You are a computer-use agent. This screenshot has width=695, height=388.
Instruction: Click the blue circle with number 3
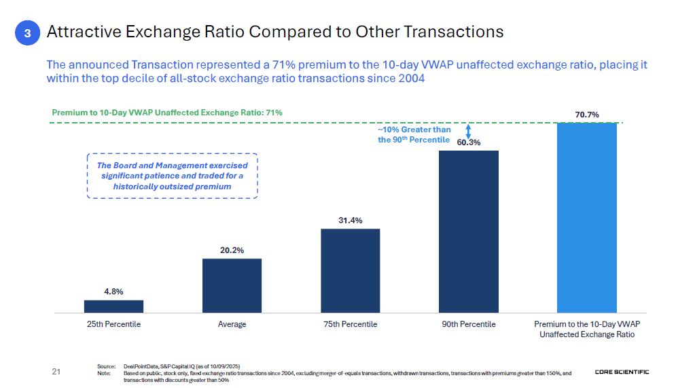click(x=26, y=33)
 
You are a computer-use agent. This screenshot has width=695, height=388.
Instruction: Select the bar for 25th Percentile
click(x=113, y=306)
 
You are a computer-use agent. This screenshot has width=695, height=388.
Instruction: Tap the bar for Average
click(x=232, y=285)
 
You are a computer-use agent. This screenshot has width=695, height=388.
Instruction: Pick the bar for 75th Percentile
click(x=350, y=270)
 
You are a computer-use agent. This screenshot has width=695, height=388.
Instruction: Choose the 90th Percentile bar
click(x=468, y=231)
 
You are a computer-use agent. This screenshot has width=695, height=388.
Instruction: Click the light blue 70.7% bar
click(x=586, y=217)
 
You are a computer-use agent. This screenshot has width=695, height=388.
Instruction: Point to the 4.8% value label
click(x=113, y=292)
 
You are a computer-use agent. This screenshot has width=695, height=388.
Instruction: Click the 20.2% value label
click(x=232, y=250)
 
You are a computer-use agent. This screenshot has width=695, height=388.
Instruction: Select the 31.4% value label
click(x=350, y=220)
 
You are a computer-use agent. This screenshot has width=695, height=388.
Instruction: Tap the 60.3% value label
click(x=468, y=142)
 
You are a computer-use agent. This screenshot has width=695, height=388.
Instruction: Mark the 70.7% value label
click(x=587, y=115)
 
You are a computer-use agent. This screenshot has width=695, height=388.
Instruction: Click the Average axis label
click(x=232, y=324)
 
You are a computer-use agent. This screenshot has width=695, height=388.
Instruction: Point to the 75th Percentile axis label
click(x=350, y=324)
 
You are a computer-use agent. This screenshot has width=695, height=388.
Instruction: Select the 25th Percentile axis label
click(x=113, y=324)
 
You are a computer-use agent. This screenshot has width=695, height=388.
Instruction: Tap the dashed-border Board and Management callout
click(x=172, y=176)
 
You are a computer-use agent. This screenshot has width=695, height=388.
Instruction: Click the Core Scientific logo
click(x=622, y=372)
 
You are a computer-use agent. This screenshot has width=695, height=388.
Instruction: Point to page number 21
click(x=56, y=372)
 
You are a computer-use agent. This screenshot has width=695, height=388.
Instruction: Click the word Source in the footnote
click(x=105, y=366)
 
